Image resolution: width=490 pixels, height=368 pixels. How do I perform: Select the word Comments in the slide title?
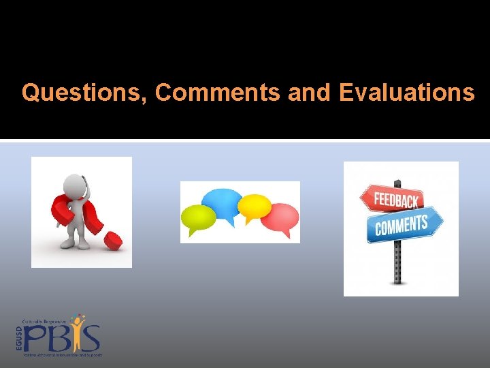[x=217, y=92]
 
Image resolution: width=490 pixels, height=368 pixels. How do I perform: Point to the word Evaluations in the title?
[x=406, y=92]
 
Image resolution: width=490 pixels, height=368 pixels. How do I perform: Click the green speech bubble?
[x=198, y=218]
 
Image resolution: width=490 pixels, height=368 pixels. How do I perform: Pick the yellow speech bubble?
[x=255, y=206]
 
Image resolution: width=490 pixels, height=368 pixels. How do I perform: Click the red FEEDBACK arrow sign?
[x=389, y=200]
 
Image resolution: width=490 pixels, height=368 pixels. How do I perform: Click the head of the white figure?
[x=75, y=184]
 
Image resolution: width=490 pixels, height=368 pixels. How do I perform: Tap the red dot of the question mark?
[x=113, y=240]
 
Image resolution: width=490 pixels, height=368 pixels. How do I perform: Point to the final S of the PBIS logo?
[x=91, y=339]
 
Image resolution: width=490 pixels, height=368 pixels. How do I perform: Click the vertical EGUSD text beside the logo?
[x=19, y=338]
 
